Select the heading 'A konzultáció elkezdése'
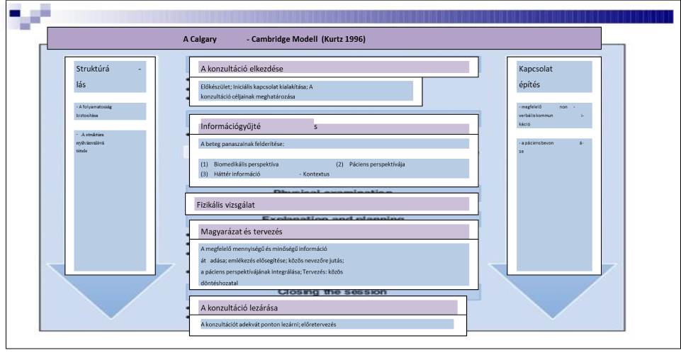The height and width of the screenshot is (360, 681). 242,69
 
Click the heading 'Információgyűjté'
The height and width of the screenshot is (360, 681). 232,127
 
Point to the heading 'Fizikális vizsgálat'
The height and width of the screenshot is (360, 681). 225,205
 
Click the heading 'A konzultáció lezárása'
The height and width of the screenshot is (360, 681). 239,308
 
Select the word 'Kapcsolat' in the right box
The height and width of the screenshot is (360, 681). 536,69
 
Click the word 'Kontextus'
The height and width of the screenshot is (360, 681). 317,174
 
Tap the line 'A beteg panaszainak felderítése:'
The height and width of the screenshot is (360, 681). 242,144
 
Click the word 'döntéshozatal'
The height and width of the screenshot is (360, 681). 220,283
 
